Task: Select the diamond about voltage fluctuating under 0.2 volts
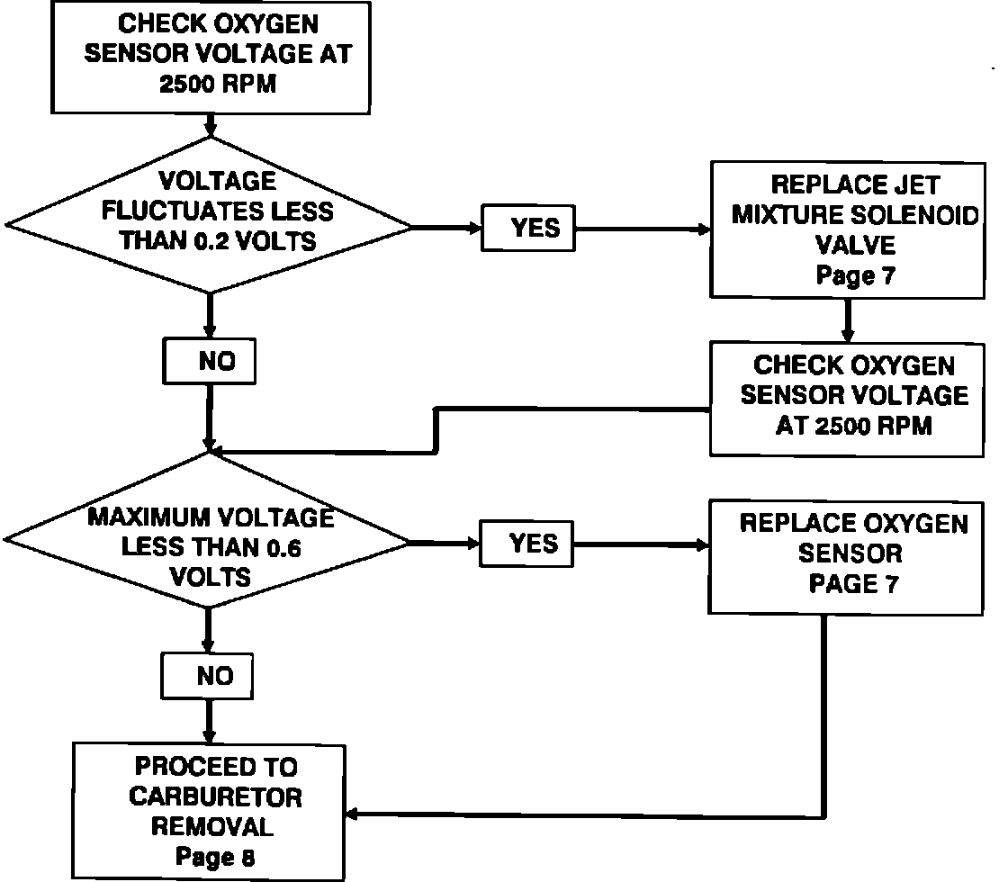tap(209, 214)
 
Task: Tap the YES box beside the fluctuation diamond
tap(528, 229)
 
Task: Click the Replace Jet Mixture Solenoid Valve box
tap(846, 229)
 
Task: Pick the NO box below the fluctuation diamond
tap(210, 362)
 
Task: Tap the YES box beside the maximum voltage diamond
tap(528, 544)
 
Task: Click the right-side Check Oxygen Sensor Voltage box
tap(846, 396)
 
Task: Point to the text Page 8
tap(215, 857)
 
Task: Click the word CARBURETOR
tap(215, 796)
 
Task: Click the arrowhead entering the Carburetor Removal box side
tap(353, 814)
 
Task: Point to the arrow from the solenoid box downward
tap(847, 319)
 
